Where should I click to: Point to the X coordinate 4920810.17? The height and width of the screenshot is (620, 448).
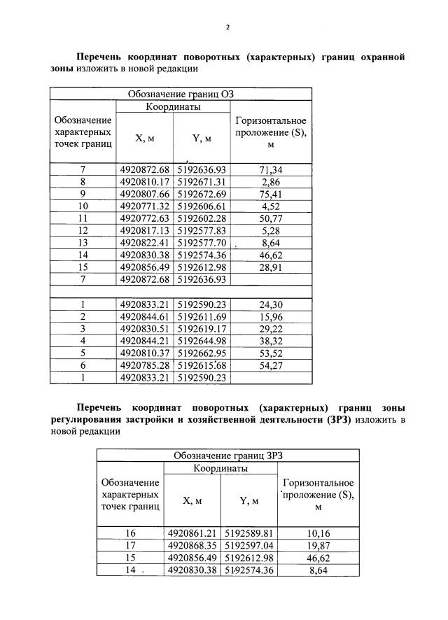coord(145,181)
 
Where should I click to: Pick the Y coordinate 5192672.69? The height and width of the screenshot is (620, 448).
coord(202,193)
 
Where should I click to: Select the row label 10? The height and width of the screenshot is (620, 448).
coord(83,206)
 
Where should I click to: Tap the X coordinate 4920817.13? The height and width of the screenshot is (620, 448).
coord(145,230)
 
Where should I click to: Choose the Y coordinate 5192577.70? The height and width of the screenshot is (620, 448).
coord(202,241)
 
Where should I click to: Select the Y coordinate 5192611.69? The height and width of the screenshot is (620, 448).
coord(202,317)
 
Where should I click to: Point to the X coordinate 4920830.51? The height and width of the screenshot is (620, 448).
coord(145,329)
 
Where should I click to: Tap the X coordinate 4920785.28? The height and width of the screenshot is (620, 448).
coord(145,365)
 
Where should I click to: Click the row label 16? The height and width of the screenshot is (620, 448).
coord(129,533)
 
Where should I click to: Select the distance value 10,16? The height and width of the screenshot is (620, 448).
coord(318,533)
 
